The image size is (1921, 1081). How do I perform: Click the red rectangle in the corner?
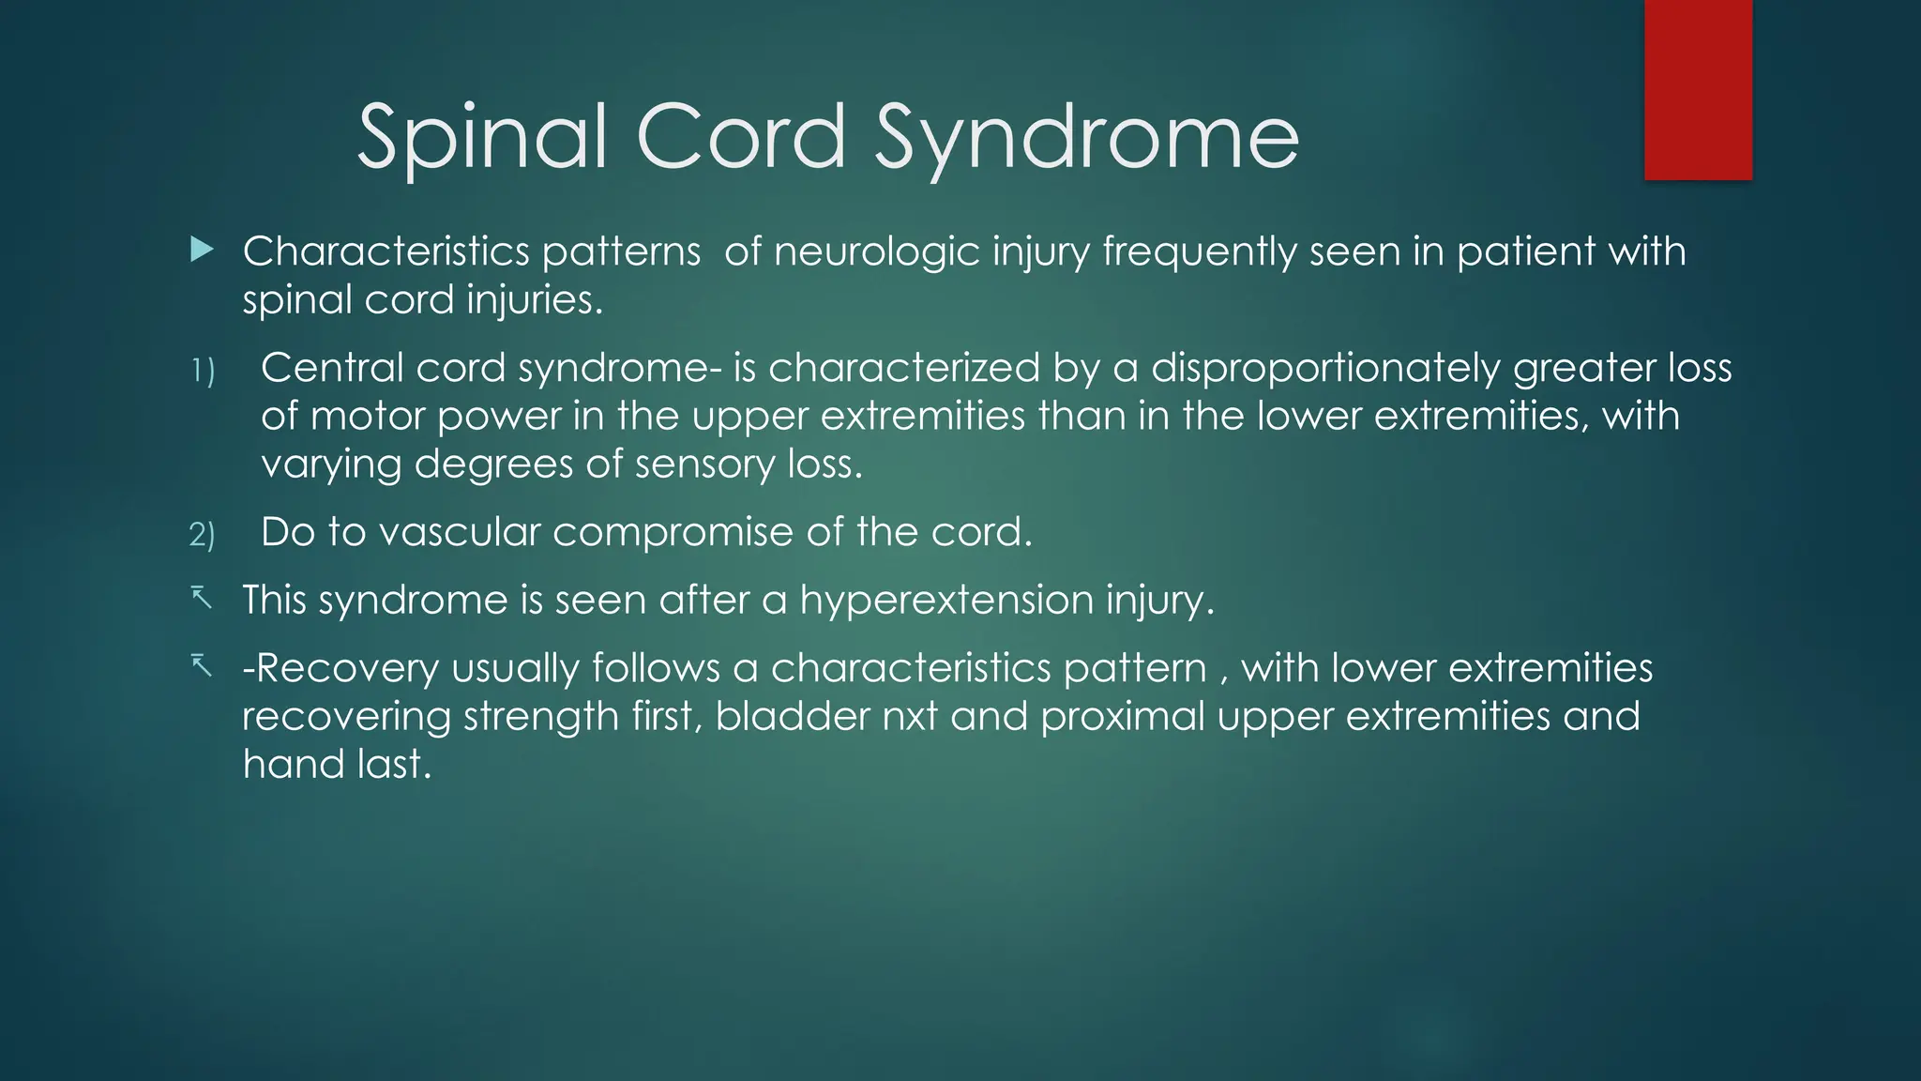pyautogui.click(x=1698, y=89)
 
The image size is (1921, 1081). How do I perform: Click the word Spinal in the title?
pyautogui.click(x=481, y=138)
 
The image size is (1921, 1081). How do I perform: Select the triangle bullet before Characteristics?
pyautogui.click(x=202, y=250)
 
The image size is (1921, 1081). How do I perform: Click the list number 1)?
pyautogui.click(x=203, y=372)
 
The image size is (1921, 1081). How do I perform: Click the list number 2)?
pyautogui.click(x=202, y=535)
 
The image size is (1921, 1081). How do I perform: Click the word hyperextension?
pyautogui.click(x=946, y=601)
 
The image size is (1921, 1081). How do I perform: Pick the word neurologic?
pyautogui.click(x=877, y=252)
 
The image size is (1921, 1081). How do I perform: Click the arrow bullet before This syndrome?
pyautogui.click(x=201, y=598)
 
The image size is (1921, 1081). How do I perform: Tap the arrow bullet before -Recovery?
pyautogui.click(x=201, y=666)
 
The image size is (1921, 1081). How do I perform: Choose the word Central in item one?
pyautogui.click(x=332, y=368)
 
